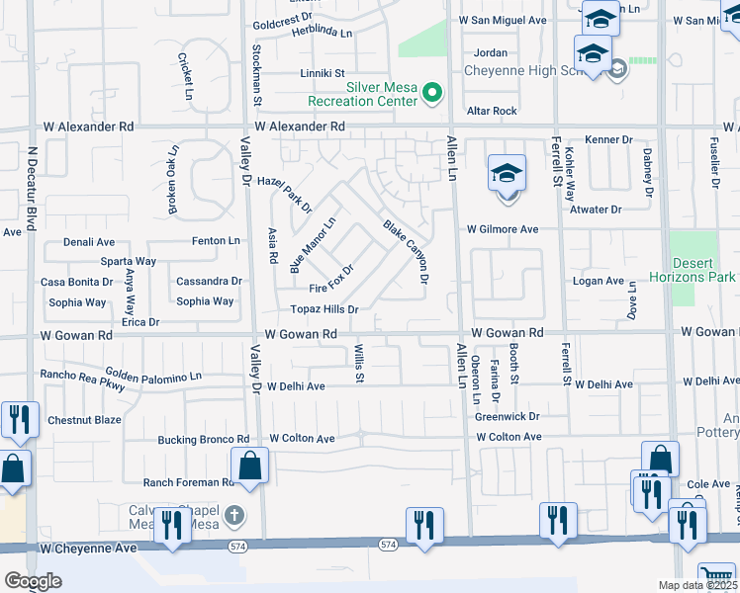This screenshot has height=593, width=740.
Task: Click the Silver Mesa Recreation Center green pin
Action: [431, 93]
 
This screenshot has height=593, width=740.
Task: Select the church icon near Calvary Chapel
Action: [232, 514]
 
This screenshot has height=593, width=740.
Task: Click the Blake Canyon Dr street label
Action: [406, 252]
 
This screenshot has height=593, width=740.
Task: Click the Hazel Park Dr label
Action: [284, 195]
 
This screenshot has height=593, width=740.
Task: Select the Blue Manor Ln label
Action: [313, 245]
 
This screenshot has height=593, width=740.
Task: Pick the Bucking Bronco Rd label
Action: [204, 439]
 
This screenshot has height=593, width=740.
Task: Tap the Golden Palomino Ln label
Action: [153, 377]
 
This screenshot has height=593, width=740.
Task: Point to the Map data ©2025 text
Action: [698, 585]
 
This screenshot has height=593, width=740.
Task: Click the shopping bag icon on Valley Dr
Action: [250, 466]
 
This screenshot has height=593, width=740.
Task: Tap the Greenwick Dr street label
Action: [507, 417]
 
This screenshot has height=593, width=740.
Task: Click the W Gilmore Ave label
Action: [503, 229]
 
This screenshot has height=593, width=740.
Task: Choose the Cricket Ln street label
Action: [185, 77]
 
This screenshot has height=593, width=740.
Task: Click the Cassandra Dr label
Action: [209, 282]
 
